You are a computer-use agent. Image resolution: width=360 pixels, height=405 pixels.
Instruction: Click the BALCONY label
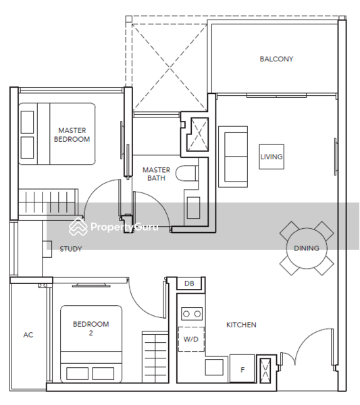tap(276, 59)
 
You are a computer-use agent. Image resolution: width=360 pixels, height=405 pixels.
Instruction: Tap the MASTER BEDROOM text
tap(72, 135)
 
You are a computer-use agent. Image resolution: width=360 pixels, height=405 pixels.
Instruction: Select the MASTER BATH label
tap(156, 174)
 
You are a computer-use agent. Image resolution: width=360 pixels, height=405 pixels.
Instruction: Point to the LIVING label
tap(272, 157)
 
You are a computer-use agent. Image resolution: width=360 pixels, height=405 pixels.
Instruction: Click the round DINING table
tap(307, 248)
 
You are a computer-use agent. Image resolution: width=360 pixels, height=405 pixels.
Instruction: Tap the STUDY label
tap(70, 249)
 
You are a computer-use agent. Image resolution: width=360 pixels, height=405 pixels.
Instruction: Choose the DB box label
tap(189, 283)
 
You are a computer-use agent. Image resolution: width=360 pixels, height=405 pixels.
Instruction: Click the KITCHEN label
tap(241, 325)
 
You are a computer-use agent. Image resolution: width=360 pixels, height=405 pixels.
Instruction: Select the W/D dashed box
tap(191, 339)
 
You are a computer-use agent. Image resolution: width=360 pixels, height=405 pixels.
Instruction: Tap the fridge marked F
tap(242, 369)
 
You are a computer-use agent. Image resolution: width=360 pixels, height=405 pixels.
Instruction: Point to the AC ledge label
tap(28, 335)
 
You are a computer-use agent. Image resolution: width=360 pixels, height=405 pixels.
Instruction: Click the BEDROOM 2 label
tap(91, 329)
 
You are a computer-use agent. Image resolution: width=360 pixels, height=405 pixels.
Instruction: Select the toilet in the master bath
tap(187, 173)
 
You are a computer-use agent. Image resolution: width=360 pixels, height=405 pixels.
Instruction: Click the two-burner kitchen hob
tap(192, 314)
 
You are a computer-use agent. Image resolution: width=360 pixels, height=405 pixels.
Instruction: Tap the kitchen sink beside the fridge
tap(214, 367)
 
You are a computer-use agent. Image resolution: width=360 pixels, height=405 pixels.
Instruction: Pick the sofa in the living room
tap(233, 157)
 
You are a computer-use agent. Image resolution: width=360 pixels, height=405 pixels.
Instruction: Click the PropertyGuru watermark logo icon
tap(78, 227)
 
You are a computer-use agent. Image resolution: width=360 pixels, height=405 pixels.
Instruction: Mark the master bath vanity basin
tap(193, 208)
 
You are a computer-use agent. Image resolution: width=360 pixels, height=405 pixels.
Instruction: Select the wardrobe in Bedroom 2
tap(155, 357)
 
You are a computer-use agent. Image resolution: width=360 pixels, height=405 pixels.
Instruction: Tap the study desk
tap(47, 249)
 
